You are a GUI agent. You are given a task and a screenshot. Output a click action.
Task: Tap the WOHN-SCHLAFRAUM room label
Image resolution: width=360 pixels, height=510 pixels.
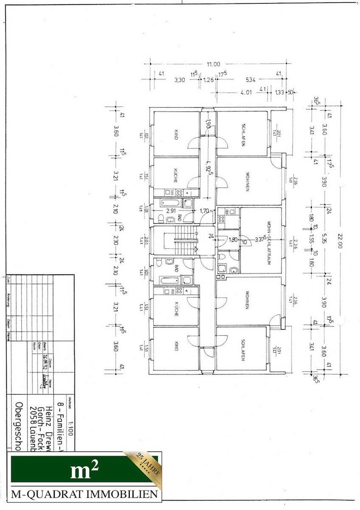[x=268, y=240]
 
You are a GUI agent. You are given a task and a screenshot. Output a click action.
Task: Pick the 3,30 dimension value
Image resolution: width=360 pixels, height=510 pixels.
[x=179, y=80]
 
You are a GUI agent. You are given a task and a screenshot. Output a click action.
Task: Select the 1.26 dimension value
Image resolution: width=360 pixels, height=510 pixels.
[x=208, y=80]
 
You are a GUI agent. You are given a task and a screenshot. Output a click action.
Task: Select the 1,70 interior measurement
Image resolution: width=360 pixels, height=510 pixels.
[x=204, y=211]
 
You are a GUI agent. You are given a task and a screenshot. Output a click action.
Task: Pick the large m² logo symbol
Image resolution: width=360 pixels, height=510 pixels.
[x=84, y=470]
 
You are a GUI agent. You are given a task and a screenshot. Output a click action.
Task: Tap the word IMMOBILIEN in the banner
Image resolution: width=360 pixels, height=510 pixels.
[x=122, y=494]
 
